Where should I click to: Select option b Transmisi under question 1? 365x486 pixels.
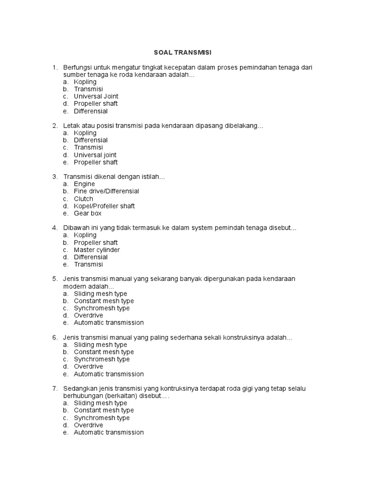tap(88, 89)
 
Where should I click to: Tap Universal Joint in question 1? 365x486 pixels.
tap(96, 96)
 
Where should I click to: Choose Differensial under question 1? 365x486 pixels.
tap(91, 111)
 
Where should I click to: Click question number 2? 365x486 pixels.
tap(55, 126)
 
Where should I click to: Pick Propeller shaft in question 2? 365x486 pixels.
tap(96, 162)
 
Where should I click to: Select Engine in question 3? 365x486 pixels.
tap(84, 184)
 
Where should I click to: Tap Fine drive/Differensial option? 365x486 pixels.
tap(106, 191)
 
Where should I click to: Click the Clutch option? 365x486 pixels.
tap(83, 199)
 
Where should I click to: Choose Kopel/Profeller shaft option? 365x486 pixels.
tap(104, 206)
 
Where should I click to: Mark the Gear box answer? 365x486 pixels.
tap(87, 214)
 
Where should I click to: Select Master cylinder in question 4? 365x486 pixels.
tap(96, 250)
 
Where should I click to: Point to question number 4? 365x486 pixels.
tap(55, 228)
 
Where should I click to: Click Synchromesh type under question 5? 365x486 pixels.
tap(102, 308)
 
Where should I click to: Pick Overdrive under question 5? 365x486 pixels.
tap(88, 316)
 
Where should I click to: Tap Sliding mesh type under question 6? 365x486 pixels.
tap(100, 345)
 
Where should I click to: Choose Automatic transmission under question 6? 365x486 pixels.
tap(108, 374)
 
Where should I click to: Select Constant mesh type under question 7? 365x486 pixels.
tap(104, 411)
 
